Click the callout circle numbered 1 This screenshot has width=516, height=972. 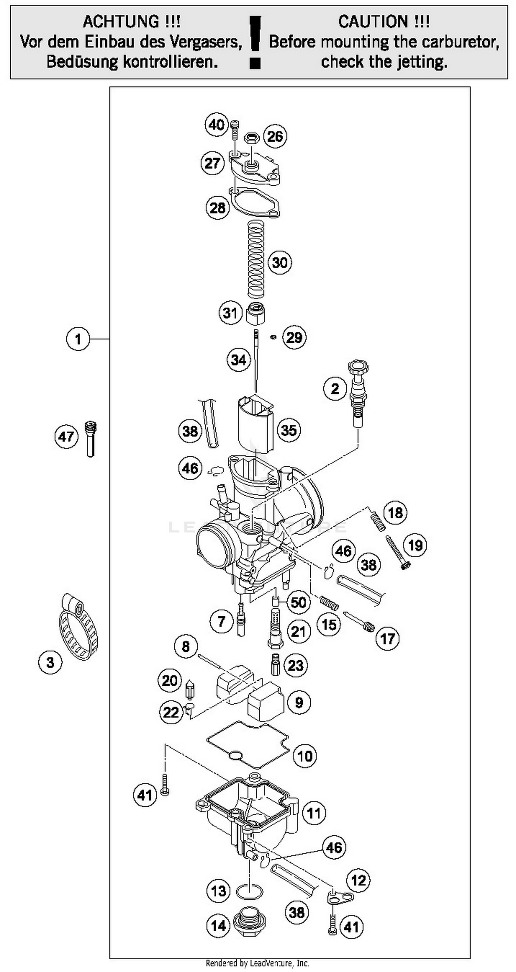pyautogui.click(x=78, y=339)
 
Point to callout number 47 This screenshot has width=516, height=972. pyautogui.click(x=66, y=437)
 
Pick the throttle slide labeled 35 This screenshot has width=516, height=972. pyautogui.click(x=255, y=423)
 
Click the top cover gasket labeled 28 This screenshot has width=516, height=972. pyautogui.click(x=255, y=203)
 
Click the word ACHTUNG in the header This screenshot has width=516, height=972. pyautogui.click(x=131, y=21)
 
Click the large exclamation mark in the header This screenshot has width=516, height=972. pyautogui.click(x=255, y=42)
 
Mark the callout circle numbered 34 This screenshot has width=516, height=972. pyautogui.click(x=239, y=360)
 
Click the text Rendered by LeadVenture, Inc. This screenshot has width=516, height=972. pyautogui.click(x=257, y=963)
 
